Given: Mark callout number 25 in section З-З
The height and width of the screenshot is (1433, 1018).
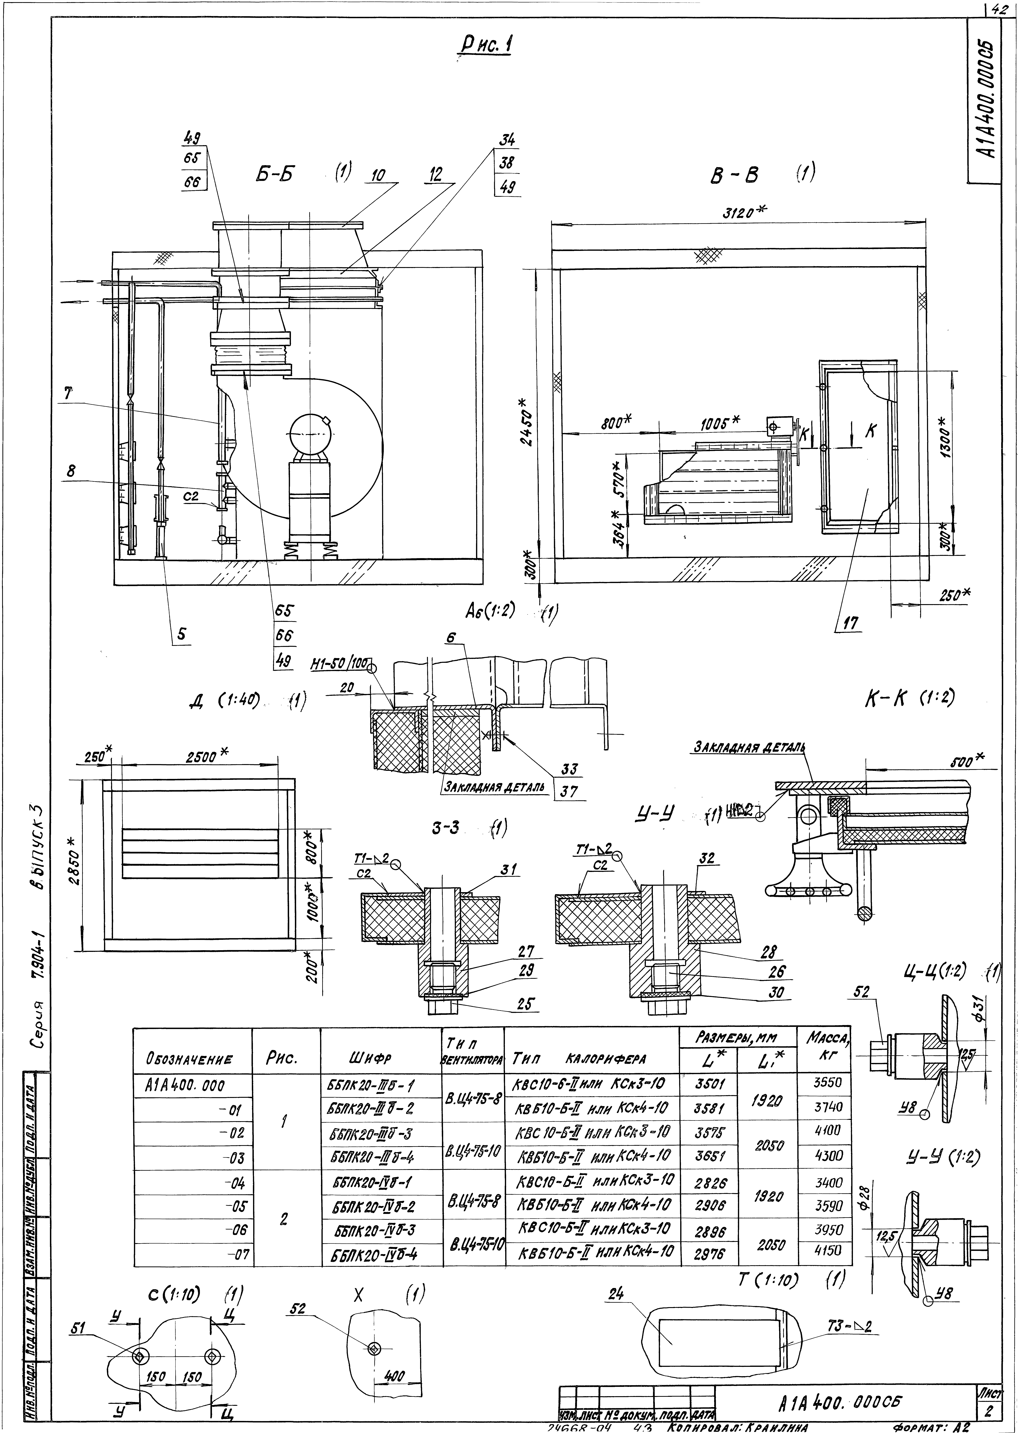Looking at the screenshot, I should click(x=528, y=1004).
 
